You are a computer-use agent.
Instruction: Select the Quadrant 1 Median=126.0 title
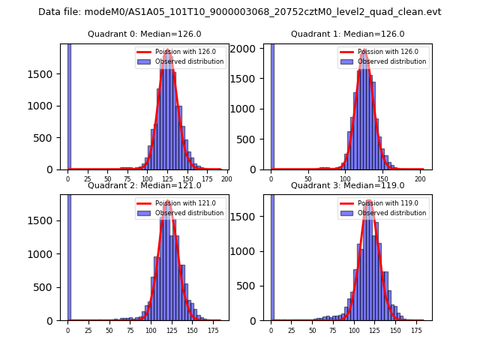[x=347, y=34]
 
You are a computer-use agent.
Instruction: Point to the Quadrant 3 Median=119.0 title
[x=347, y=185]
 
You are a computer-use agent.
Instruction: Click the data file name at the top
[x=240, y=12]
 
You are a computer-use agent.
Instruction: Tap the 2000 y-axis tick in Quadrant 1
[x=252, y=48]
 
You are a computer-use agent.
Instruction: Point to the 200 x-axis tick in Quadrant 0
[x=226, y=179]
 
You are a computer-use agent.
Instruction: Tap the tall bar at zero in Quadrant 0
[x=69, y=106]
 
